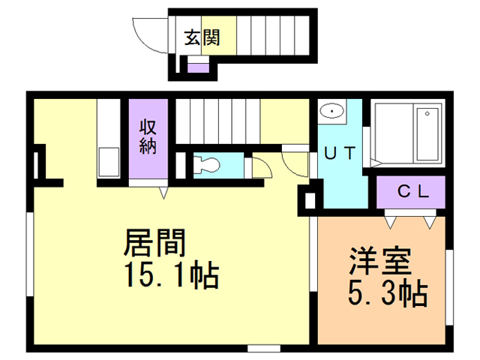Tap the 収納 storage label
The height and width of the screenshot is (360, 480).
(146, 137)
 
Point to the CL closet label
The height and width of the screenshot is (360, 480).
(412, 191)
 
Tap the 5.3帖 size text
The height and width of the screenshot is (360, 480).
(385, 292)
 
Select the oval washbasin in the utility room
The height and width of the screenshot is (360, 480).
(330, 112)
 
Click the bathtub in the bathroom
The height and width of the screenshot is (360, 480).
(409, 134)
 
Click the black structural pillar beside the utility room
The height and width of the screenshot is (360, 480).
(308, 200)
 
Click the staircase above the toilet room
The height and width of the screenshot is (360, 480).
(217, 120)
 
